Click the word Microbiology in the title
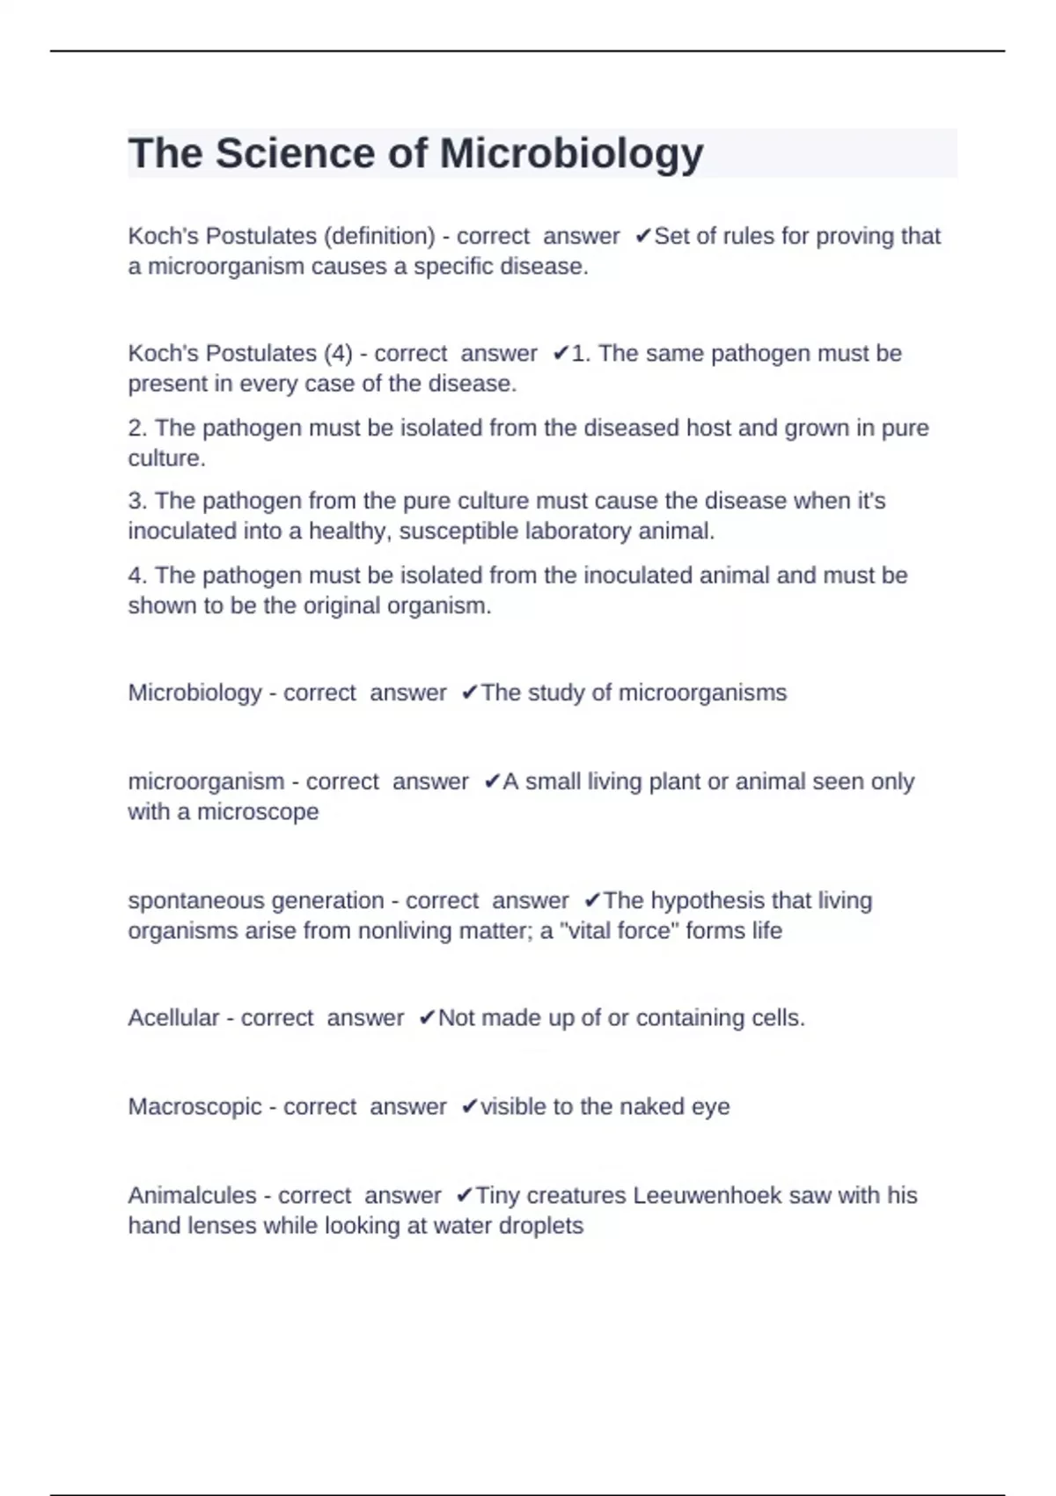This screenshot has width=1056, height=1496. click(571, 154)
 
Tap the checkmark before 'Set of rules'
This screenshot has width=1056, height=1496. click(642, 236)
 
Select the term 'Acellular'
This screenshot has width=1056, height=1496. click(173, 1017)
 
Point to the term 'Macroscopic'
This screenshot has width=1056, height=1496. click(194, 1106)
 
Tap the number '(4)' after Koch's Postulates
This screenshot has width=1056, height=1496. click(338, 353)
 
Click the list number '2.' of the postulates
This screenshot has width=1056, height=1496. click(137, 428)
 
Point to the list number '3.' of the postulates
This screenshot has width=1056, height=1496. click(137, 501)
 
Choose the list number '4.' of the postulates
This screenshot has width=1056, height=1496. click(137, 576)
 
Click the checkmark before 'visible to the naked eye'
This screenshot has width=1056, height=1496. click(469, 1106)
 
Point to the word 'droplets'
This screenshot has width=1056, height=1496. click(540, 1225)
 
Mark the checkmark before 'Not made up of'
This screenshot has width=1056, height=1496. click(427, 1017)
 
